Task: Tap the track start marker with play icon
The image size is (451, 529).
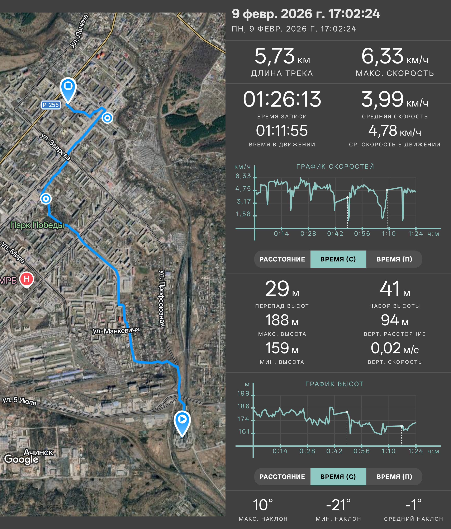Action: pos(182,423)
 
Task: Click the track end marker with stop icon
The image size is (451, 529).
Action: pos(68,90)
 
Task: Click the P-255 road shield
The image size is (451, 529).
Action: pos(51,105)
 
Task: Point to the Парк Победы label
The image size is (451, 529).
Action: pos(37,225)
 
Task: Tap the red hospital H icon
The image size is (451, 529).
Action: pos(27,279)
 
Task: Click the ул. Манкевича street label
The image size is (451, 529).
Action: pos(116,330)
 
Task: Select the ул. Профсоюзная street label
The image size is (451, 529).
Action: pos(162,298)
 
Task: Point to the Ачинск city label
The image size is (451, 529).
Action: pos(38,452)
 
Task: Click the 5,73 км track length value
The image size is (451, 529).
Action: pos(282,56)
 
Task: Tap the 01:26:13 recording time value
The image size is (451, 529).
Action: pos(282,99)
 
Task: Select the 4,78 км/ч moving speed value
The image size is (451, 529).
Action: pos(395,131)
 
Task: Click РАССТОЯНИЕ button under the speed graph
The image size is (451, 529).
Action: pos(282,259)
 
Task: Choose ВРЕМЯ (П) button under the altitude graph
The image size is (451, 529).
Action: pos(394,477)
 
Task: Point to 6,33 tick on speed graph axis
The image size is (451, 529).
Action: pos(243,176)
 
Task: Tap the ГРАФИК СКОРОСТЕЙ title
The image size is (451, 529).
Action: pos(335,167)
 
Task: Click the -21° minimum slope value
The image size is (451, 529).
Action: pos(338,505)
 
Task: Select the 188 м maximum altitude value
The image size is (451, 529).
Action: pos(282,320)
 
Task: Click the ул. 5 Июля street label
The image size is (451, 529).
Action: pos(20,401)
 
